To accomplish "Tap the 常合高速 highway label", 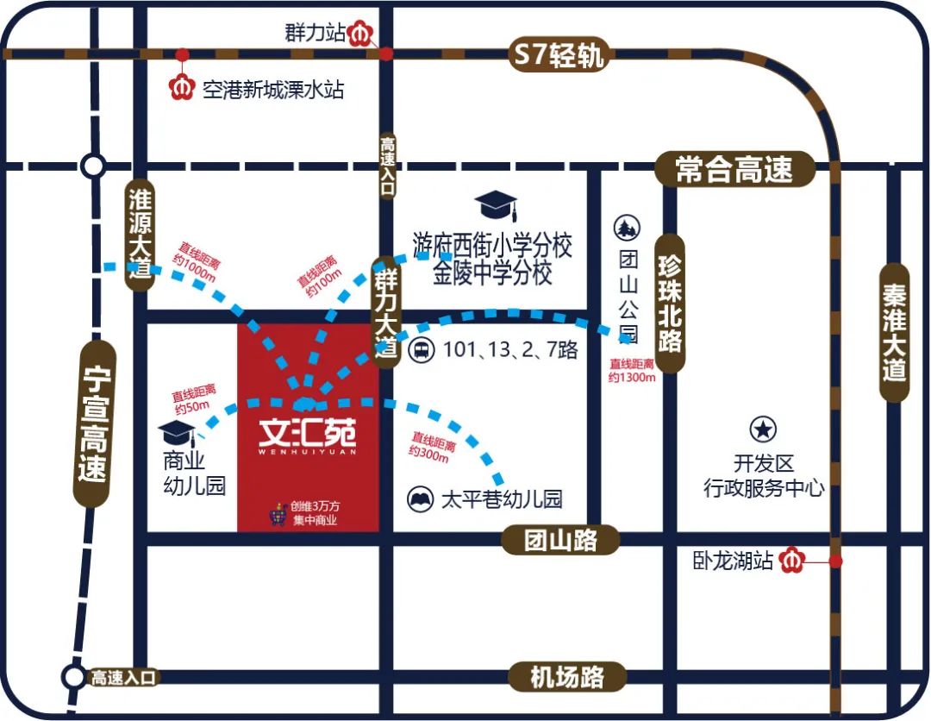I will click(x=734, y=169).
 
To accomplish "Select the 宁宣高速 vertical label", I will click(x=91, y=423).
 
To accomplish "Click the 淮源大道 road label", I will click(x=139, y=235).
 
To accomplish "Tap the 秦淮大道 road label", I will click(x=895, y=332).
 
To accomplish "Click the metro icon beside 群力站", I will click(x=362, y=34).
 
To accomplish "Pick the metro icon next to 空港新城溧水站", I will click(x=184, y=88).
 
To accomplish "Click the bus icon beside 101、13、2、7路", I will click(x=421, y=351).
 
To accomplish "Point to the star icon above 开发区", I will click(x=763, y=429).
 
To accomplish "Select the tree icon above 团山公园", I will click(x=626, y=229).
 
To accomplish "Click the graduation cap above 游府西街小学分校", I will click(x=496, y=207).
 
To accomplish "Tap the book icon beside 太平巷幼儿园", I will click(x=421, y=498).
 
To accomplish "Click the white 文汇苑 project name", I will click(x=307, y=430).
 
